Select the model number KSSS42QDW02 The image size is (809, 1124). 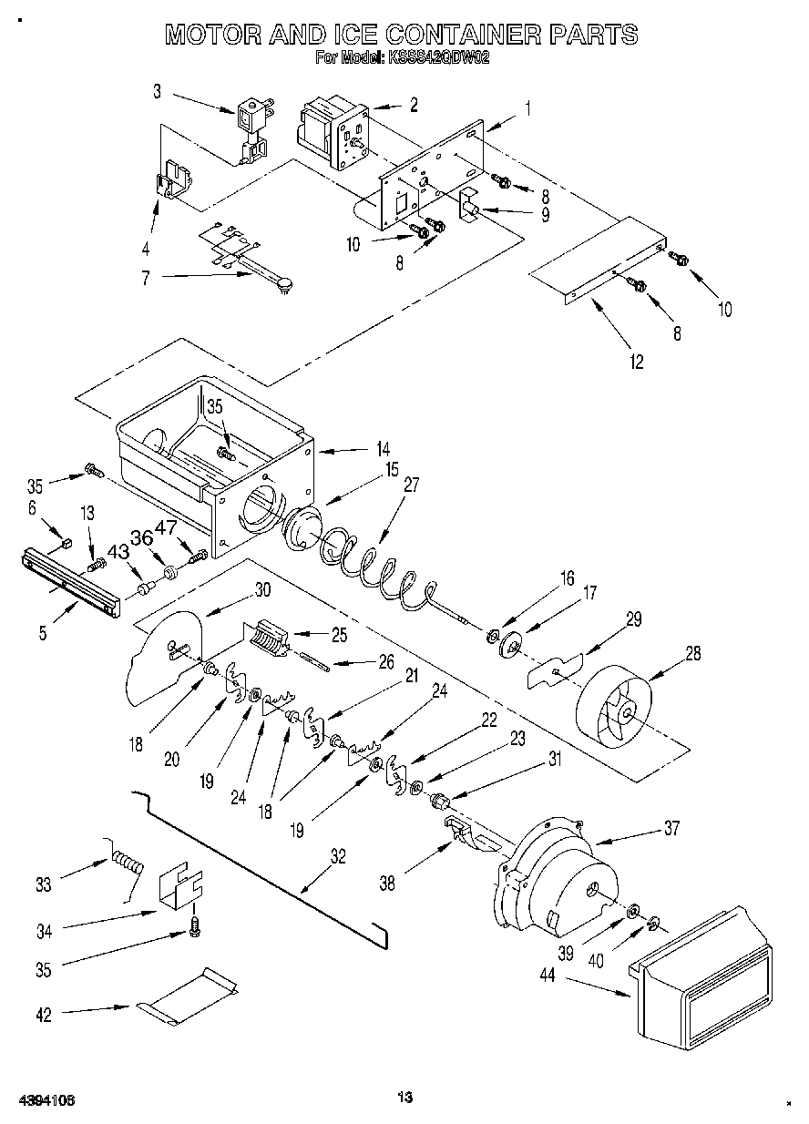(x=436, y=57)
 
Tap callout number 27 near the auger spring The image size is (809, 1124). (x=412, y=485)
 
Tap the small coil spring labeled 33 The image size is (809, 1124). (x=128, y=861)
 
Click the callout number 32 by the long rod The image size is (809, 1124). (x=338, y=856)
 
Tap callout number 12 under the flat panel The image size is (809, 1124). (x=635, y=362)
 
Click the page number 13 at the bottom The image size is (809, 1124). (x=405, y=1098)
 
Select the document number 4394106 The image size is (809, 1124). (x=45, y=1099)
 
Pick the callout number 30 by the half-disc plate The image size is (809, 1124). (x=262, y=589)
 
